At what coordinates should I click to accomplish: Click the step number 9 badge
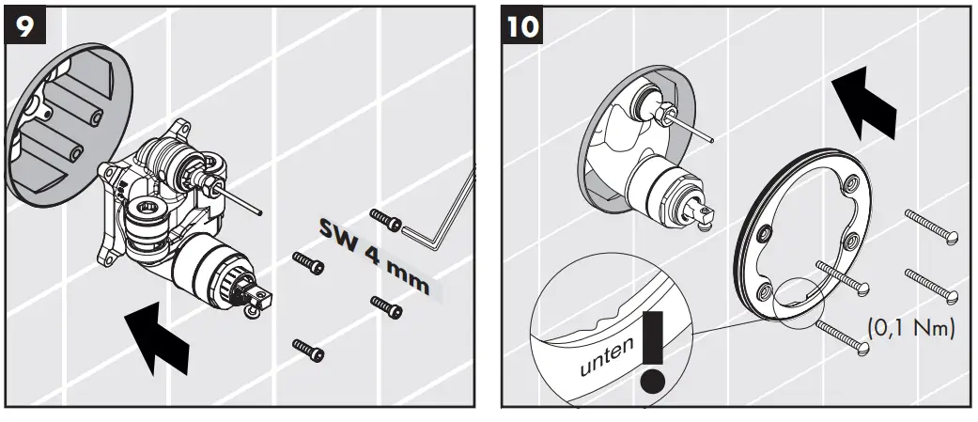click(27, 25)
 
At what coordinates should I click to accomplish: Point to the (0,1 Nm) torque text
click(909, 328)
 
